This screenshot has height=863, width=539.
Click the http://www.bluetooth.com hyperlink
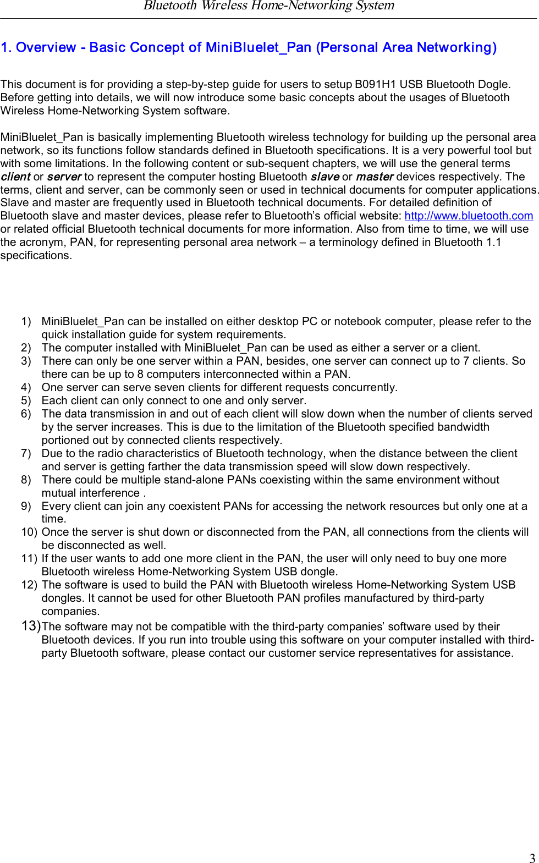(x=469, y=216)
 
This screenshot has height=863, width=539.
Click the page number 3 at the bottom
(x=532, y=857)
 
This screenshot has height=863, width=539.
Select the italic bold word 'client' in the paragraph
(x=15, y=177)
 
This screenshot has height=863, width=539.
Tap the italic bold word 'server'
(x=64, y=177)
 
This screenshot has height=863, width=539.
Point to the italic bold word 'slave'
(x=324, y=177)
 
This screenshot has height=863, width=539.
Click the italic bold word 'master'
(x=375, y=177)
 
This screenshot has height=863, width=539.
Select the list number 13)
(x=31, y=626)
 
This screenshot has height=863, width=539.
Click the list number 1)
(x=26, y=321)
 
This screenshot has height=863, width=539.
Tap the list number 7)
(x=26, y=453)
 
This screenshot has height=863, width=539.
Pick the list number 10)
(x=29, y=532)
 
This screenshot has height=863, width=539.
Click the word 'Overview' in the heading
(x=46, y=48)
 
